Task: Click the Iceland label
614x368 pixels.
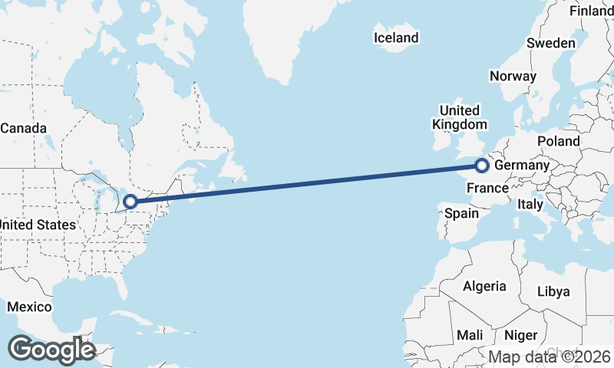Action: pos(396,38)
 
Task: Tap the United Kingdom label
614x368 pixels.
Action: pos(459,117)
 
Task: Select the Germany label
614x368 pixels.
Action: pos(522,166)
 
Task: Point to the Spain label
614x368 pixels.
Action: pos(462,214)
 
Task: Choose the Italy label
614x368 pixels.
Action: pos(530,205)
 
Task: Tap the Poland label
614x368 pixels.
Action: pos(559,141)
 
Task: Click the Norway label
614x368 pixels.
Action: pos(512,76)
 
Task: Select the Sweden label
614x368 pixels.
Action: pos(550,43)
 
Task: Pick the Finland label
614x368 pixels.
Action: pos(591,11)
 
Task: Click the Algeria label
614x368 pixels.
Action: pos(484,286)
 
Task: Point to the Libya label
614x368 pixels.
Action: pos(553,291)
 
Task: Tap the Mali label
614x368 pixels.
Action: pos(470,335)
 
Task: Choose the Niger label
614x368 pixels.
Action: pos(521,335)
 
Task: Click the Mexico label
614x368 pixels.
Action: pos(29,307)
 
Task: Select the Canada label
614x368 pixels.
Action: pos(23,128)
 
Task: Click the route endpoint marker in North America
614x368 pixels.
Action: pos(130,202)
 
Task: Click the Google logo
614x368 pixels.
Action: pos(51,350)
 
